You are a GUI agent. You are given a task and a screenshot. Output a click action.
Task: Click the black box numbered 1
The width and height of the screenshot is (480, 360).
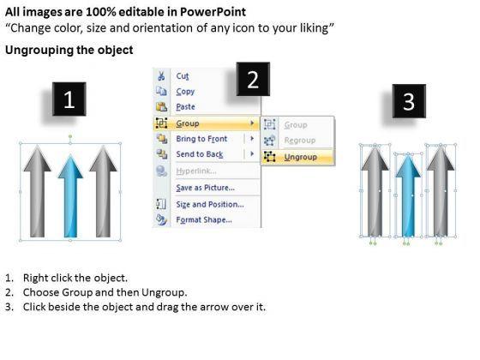(x=69, y=99)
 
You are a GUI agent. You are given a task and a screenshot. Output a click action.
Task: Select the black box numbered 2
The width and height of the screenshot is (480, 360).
(x=253, y=79)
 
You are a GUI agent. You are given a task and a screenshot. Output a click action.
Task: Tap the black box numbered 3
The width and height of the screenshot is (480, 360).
(x=410, y=101)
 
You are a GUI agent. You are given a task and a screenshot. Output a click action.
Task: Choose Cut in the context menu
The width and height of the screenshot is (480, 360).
(x=183, y=76)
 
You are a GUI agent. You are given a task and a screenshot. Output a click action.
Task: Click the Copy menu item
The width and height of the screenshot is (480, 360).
(x=185, y=92)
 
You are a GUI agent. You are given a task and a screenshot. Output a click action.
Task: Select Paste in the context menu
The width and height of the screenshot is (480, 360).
(x=185, y=107)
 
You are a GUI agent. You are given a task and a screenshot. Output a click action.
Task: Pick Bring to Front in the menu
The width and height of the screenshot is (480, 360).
(x=201, y=139)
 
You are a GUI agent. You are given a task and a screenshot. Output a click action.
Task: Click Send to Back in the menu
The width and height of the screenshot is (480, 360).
(x=200, y=154)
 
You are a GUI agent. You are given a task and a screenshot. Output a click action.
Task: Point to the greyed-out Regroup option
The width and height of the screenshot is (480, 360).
(x=300, y=141)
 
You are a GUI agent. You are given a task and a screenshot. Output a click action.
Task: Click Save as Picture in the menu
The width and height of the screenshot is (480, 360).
(x=206, y=188)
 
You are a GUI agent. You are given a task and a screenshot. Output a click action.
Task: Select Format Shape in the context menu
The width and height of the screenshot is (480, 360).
(x=204, y=219)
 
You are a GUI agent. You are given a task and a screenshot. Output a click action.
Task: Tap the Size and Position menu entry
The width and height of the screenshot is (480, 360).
(x=210, y=204)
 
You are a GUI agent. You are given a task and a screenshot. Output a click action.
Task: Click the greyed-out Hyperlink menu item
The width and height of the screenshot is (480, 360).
(x=196, y=171)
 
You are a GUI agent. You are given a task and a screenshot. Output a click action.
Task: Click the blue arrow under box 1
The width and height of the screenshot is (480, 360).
(x=70, y=196)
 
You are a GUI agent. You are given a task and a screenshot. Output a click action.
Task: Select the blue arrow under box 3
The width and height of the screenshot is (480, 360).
(x=408, y=196)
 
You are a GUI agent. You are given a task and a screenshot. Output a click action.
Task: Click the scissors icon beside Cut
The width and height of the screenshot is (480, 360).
(x=161, y=76)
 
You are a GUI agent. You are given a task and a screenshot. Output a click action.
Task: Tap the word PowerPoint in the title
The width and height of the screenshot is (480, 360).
(x=213, y=12)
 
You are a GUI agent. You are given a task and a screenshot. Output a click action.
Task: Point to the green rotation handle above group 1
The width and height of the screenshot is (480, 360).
(x=70, y=136)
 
